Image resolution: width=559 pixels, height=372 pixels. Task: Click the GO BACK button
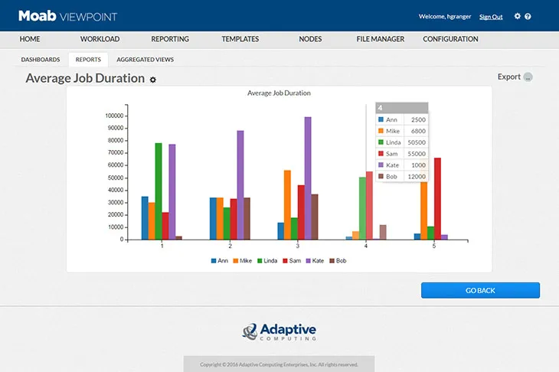[x=480, y=290]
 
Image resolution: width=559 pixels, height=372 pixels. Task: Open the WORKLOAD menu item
[x=99, y=39]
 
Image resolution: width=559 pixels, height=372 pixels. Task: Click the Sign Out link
[x=491, y=17]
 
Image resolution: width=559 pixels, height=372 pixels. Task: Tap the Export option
[x=509, y=77]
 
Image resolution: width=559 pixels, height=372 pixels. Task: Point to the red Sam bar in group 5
[x=437, y=198]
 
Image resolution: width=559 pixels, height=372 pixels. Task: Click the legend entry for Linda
[x=266, y=261]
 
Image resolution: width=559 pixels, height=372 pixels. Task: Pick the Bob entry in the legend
[x=338, y=261]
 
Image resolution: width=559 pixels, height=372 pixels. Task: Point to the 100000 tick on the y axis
[x=114, y=116]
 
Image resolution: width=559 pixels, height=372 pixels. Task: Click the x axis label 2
[x=230, y=246]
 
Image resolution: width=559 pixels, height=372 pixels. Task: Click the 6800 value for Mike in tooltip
[x=418, y=131]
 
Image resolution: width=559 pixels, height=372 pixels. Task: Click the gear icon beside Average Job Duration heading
[x=153, y=80]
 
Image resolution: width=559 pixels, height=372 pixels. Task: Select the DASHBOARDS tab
[x=41, y=59]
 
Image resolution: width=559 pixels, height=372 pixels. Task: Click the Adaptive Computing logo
[x=279, y=331]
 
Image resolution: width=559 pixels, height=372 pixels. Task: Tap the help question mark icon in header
[x=528, y=16]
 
